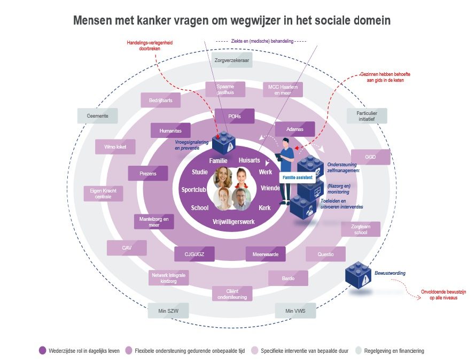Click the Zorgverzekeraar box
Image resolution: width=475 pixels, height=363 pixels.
tap(232, 60)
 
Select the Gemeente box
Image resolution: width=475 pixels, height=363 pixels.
tap(97, 116)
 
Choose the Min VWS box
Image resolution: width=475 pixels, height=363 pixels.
tap(295, 311)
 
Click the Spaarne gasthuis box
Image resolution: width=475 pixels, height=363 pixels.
tap(225, 89)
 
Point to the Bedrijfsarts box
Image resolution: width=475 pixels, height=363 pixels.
tap(161, 100)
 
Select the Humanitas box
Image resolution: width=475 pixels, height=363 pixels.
tap(170, 130)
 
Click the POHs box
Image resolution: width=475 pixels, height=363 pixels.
tap(235, 117)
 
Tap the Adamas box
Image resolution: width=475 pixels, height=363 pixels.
tap(294, 129)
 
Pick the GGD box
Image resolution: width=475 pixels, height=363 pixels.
tap(370, 157)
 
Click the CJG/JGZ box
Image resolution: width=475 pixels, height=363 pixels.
tap(194, 254)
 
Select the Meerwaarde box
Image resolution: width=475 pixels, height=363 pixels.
tap(266, 254)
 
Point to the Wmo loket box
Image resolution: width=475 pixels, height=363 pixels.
tap(115, 146)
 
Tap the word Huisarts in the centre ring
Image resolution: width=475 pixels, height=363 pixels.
tap(250, 160)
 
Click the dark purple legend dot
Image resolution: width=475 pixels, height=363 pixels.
tap(43, 351)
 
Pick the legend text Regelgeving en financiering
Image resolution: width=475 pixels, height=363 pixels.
tap(395, 351)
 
